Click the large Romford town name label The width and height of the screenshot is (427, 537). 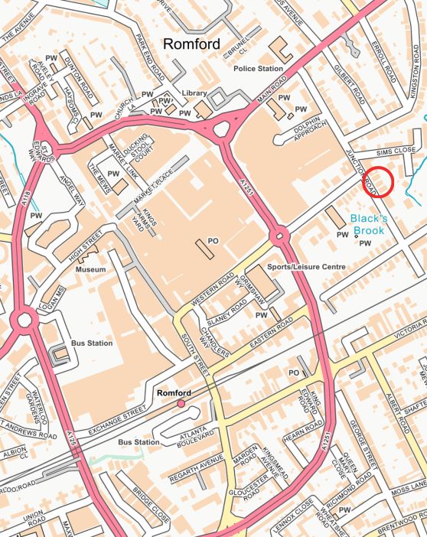point(191,44)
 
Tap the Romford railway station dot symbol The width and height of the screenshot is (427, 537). point(181,403)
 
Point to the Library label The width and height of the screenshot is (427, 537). point(194,93)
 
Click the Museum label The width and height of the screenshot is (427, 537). point(90,271)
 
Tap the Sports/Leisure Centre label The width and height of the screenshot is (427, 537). point(306,267)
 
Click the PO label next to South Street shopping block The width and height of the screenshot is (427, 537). point(213,241)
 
